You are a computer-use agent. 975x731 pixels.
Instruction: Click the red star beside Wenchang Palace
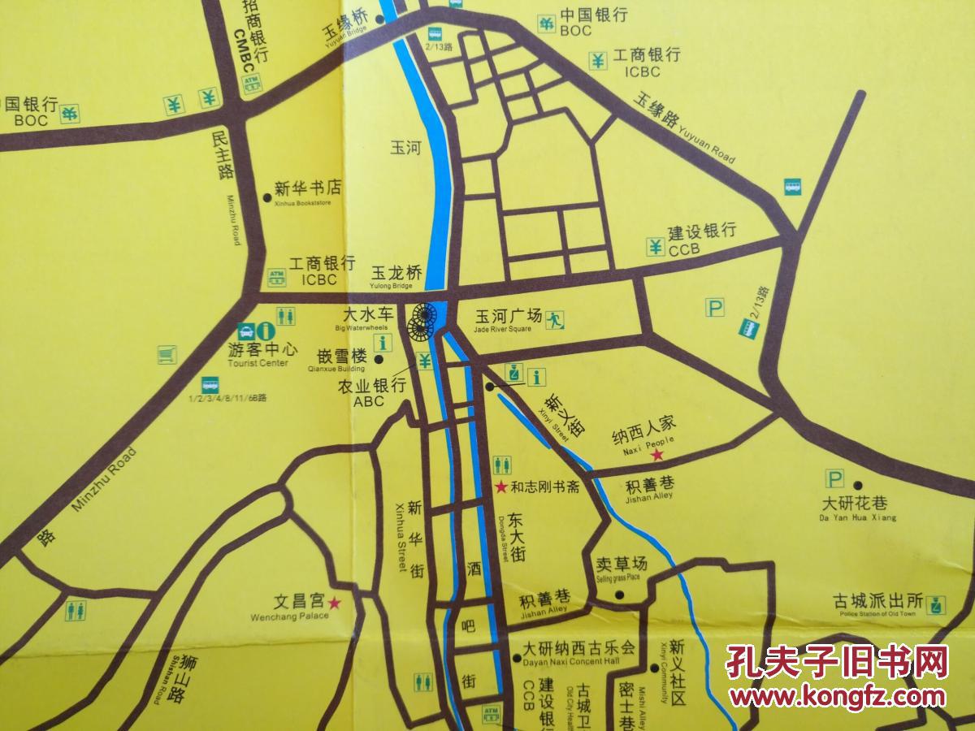334,603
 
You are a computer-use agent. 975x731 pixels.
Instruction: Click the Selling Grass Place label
617,565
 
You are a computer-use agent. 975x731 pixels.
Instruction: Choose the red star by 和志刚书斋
502,487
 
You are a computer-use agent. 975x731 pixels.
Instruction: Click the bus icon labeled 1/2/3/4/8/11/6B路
210,383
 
